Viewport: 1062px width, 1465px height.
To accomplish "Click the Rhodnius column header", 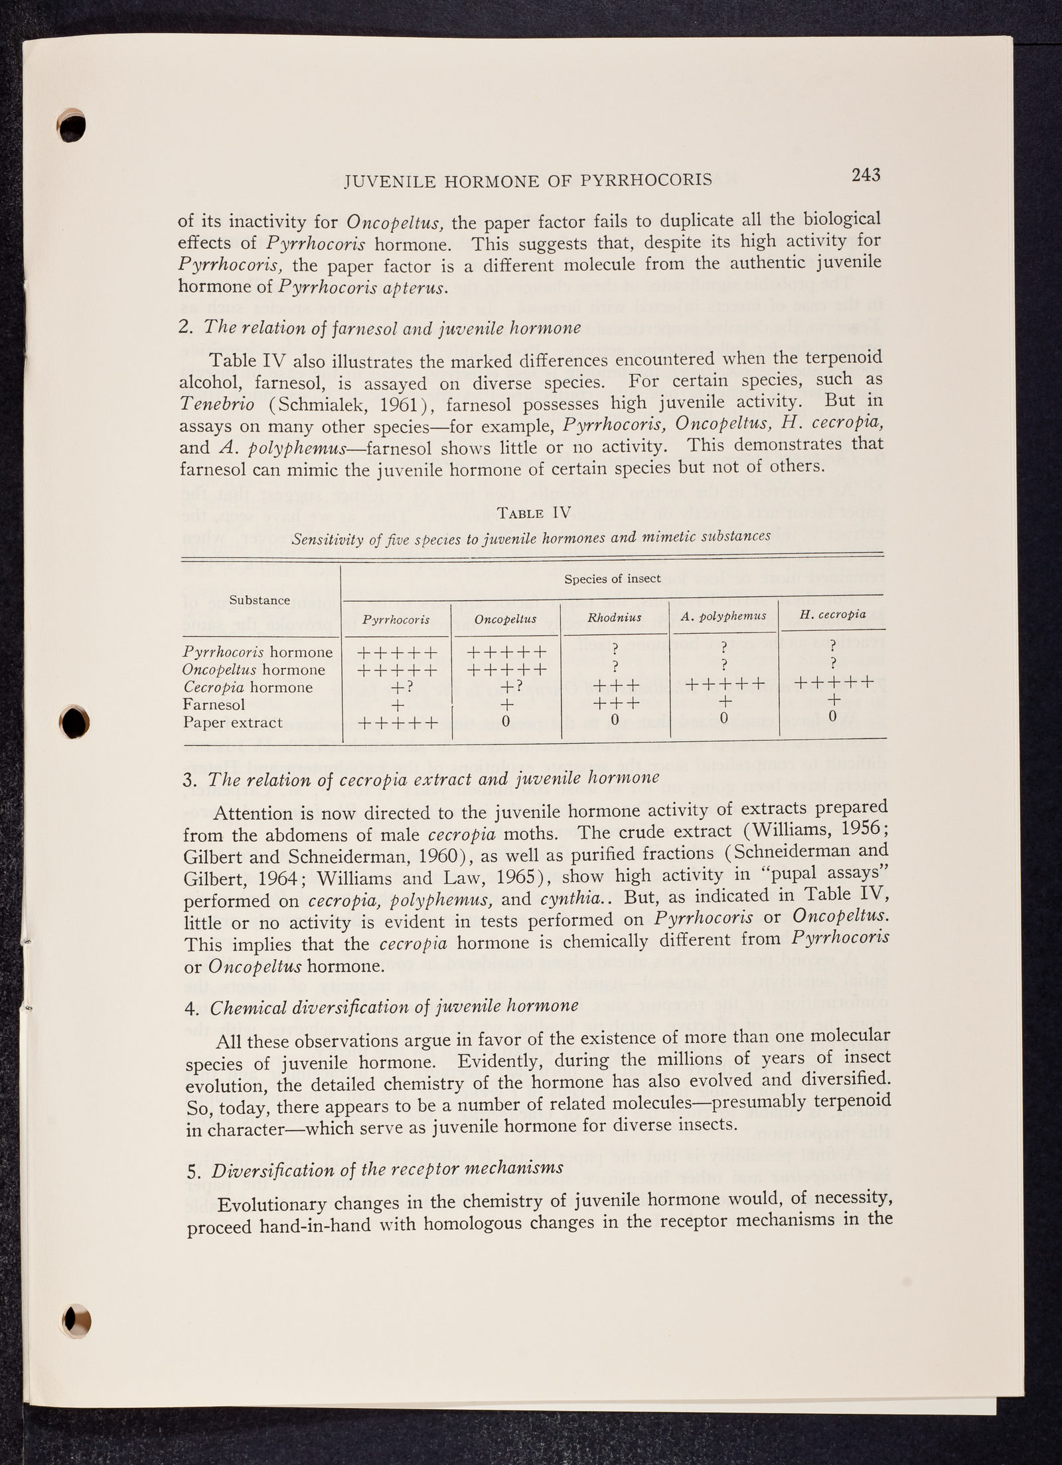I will click(x=615, y=618).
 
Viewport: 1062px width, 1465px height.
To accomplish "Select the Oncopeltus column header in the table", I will click(x=506, y=619).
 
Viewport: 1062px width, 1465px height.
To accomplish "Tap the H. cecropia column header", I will click(x=833, y=614).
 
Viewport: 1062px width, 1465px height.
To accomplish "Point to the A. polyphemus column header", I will click(x=723, y=616).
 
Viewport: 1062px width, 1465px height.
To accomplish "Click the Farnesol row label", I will click(x=214, y=705).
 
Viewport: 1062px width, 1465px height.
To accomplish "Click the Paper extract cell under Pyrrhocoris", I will click(x=397, y=722).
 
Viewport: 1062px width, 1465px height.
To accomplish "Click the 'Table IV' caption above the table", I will click(x=530, y=513).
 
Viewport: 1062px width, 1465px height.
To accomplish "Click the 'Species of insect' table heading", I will click(x=612, y=579).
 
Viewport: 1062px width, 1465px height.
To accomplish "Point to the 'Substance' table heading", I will click(x=260, y=600).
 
